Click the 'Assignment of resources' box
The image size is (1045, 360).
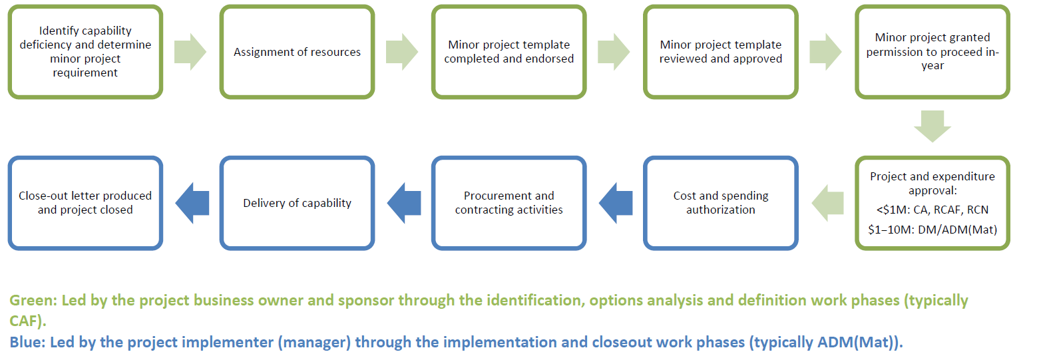coord(297,52)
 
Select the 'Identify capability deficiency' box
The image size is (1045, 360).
coord(85,52)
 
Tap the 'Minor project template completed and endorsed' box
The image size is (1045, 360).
coord(509,52)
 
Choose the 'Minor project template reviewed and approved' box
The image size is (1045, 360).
coord(720,52)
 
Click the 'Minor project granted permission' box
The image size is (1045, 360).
coord(932,52)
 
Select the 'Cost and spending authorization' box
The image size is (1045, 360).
coord(720,203)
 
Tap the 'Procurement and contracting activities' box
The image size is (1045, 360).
coord(509,203)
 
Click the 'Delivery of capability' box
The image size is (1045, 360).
coord(297,203)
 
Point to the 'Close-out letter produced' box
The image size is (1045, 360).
coord(85,203)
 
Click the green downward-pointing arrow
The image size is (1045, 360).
coord(932,126)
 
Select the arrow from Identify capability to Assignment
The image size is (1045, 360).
coord(190,52)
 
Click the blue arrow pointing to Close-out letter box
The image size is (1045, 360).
coord(192,203)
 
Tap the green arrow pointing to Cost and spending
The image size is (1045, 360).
coord(827,203)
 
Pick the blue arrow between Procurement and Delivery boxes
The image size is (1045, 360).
coord(404,203)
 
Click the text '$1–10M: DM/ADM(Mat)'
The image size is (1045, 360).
coord(932,230)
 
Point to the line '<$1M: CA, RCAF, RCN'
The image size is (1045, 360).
coord(932,210)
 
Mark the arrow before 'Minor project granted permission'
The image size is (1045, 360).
coord(825,52)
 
